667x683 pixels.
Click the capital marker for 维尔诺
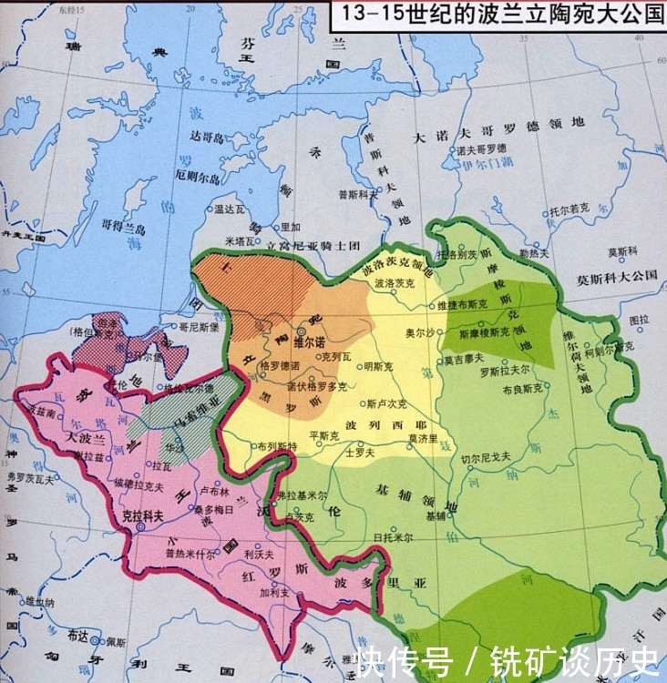click(302, 332)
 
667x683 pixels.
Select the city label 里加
click(290, 227)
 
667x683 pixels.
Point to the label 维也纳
click(41, 602)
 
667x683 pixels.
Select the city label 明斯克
click(375, 367)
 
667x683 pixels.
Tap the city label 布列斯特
click(277, 446)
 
